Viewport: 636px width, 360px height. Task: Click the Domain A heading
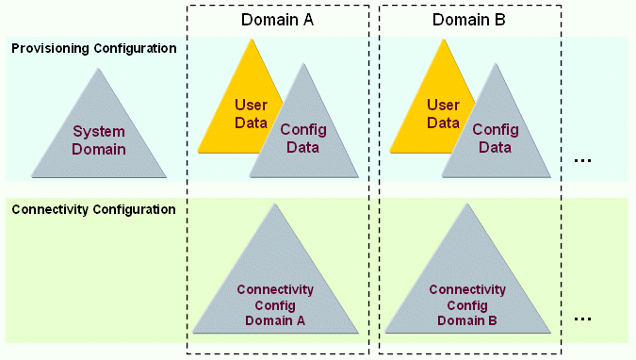point(276,20)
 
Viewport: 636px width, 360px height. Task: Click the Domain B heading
point(468,20)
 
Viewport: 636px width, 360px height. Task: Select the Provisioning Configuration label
point(93,48)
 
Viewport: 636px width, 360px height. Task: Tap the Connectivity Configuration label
point(93,209)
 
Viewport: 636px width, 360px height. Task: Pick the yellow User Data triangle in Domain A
point(236,113)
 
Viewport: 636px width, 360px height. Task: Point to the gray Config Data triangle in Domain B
point(496,141)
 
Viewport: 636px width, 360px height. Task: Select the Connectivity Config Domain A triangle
point(275,292)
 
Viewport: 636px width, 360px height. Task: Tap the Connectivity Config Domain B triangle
point(467,292)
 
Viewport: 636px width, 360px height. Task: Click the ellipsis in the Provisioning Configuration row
point(582,159)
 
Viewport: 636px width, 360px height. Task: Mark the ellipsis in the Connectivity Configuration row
point(582,319)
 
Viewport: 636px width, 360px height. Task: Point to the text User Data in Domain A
point(251,114)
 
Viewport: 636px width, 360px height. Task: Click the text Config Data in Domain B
point(496,139)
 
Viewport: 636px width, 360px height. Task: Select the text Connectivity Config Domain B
point(467,304)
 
